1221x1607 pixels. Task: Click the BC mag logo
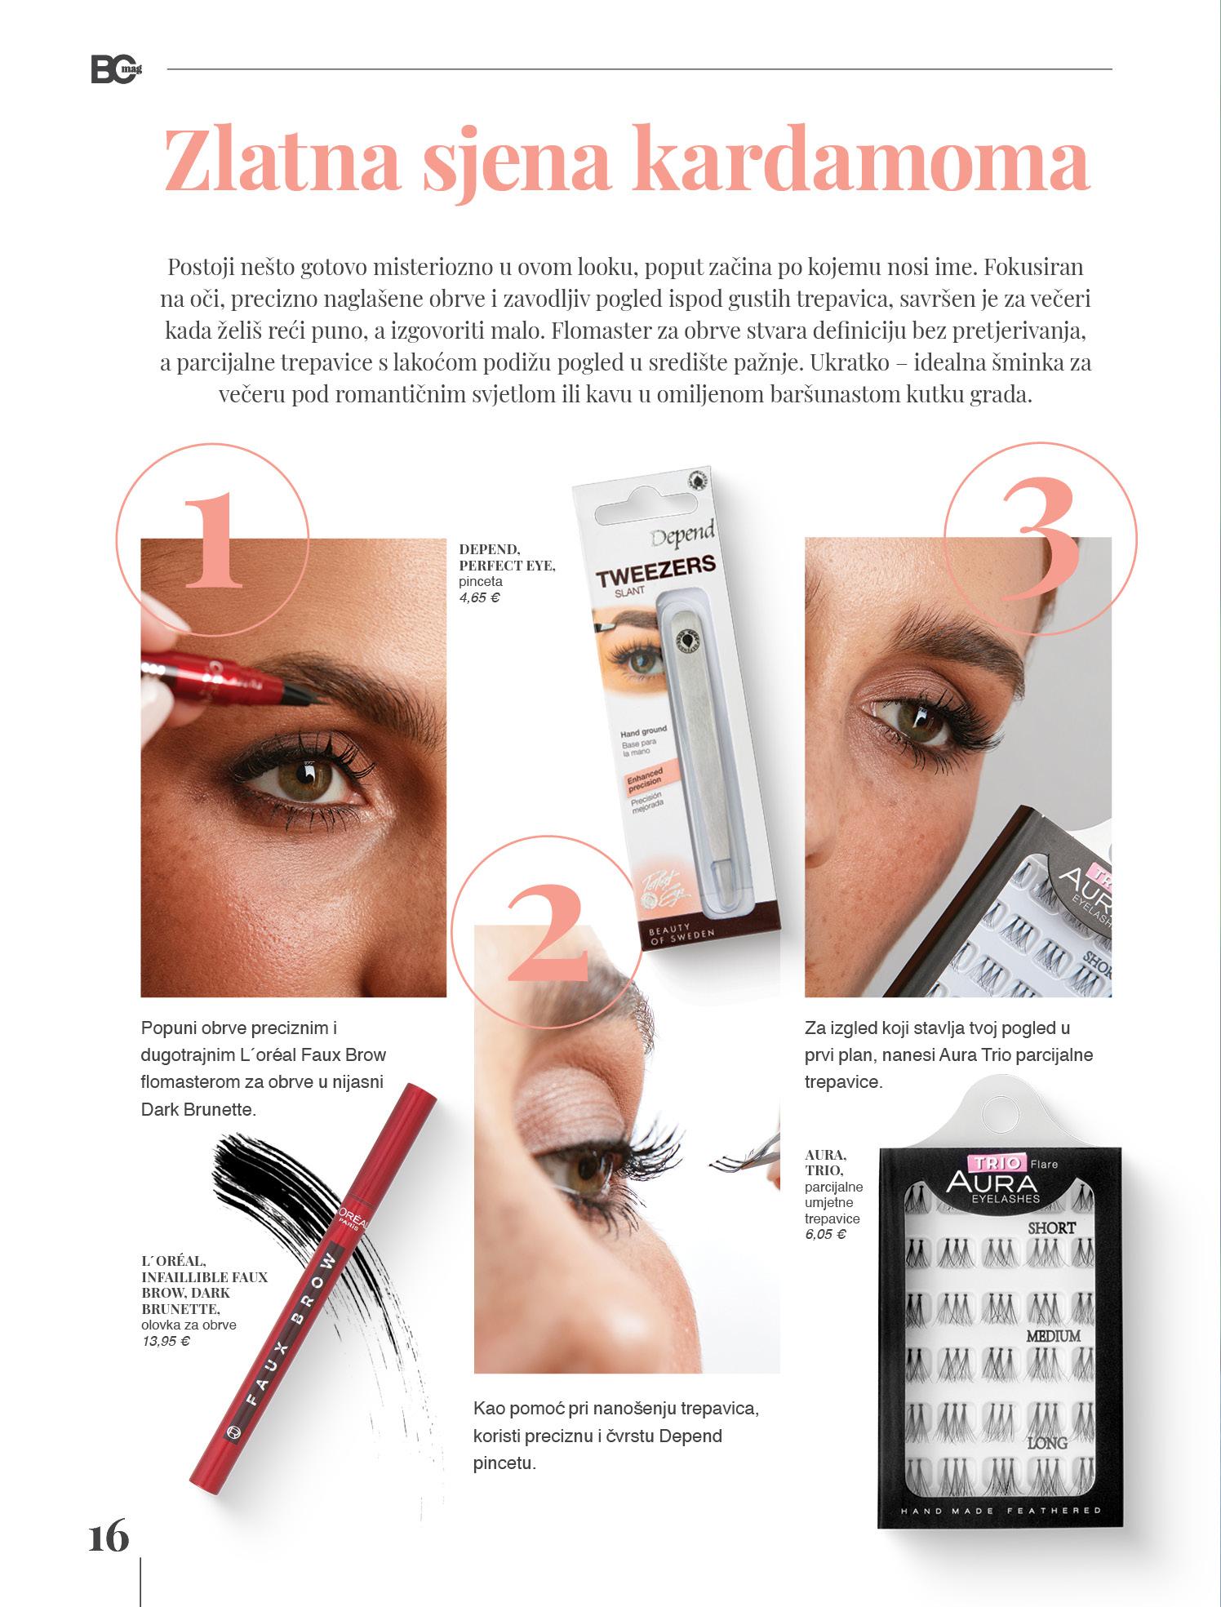point(117,70)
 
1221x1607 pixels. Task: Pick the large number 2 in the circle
point(548,934)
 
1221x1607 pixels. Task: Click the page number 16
point(109,1537)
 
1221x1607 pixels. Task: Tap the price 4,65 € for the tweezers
point(479,597)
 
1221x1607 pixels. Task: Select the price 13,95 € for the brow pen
point(166,1340)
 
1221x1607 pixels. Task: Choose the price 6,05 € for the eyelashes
point(825,1234)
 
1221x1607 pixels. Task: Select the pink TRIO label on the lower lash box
point(986,1163)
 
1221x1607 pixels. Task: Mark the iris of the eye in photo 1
point(314,776)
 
